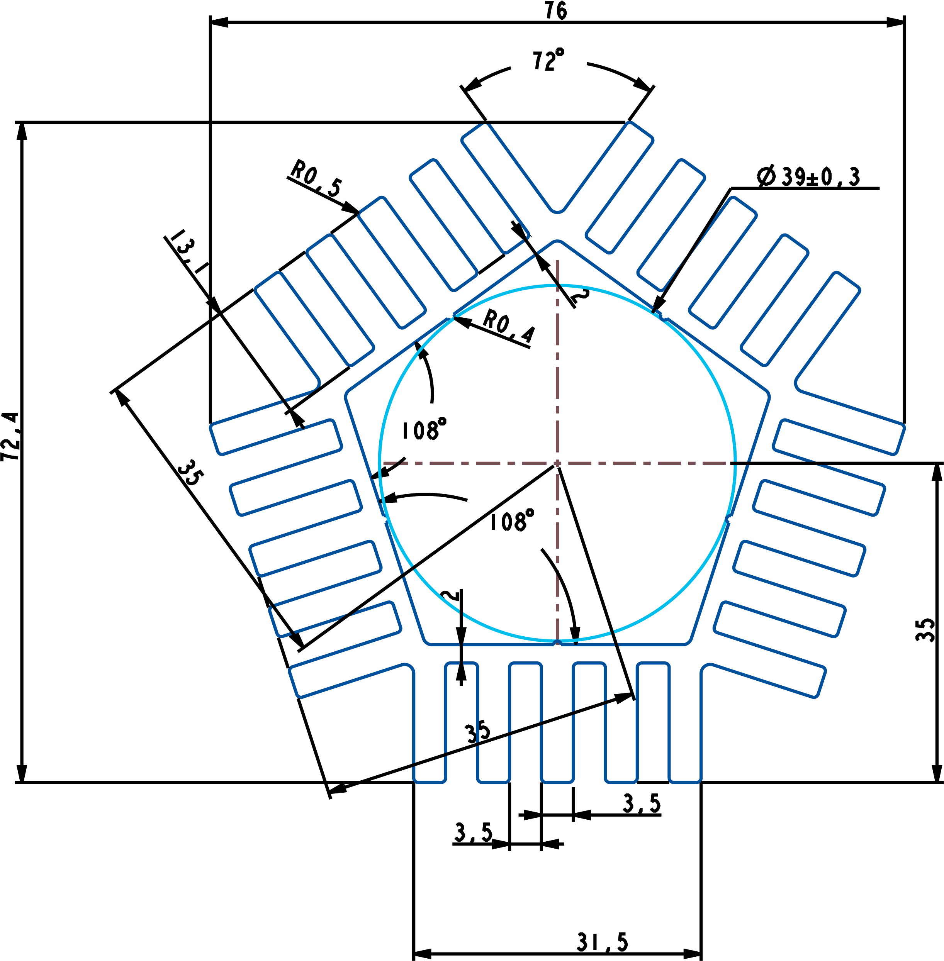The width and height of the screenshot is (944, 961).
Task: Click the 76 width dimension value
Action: [x=556, y=10]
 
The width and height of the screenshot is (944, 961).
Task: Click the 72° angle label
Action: [x=547, y=60]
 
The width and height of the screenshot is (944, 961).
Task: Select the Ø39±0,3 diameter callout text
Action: [x=809, y=177]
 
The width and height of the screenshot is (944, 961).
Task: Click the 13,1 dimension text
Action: [x=187, y=252]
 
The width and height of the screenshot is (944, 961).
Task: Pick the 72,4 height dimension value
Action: [x=11, y=437]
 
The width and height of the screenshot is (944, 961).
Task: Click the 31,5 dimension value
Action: [x=603, y=942]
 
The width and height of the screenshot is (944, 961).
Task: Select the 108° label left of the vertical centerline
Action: [x=423, y=429]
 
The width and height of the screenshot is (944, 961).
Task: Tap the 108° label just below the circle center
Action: [x=512, y=521]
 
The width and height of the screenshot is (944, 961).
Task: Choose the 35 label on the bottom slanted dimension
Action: [x=477, y=732]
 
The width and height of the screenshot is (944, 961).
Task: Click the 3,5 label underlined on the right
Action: [x=642, y=803]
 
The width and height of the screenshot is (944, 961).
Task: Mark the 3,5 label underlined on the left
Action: [x=474, y=833]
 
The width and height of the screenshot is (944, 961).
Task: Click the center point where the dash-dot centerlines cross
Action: [x=557, y=463]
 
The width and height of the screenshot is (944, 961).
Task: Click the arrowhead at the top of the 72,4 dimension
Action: [x=21, y=132]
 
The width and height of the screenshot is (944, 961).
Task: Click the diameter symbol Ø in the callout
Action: [x=766, y=177]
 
